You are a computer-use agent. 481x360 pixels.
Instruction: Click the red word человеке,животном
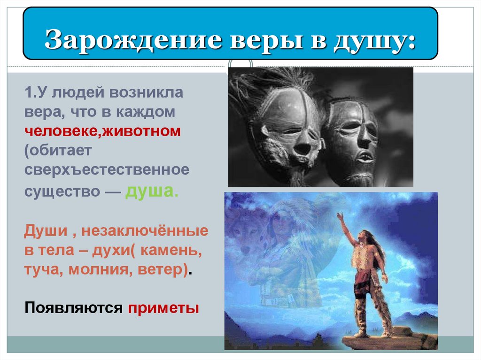pyautogui.click(x=102, y=131)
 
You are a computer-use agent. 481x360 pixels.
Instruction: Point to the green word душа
pyautogui.click(x=151, y=192)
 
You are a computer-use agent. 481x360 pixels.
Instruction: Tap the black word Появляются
pyautogui.click(x=73, y=308)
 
